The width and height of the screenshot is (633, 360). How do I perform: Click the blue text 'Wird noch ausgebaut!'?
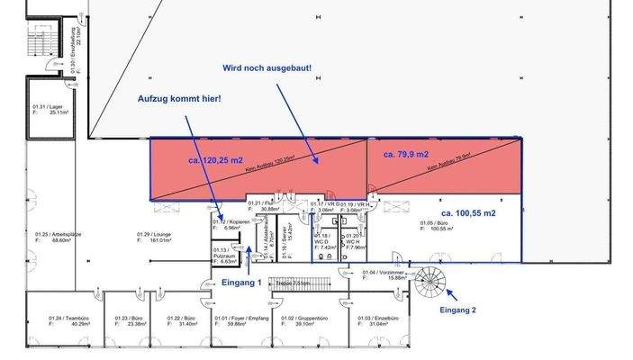tap(267, 67)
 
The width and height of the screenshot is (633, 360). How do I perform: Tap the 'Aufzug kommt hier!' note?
tap(178, 98)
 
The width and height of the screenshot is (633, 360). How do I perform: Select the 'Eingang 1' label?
tap(241, 282)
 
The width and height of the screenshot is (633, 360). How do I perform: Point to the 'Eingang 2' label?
tap(458, 310)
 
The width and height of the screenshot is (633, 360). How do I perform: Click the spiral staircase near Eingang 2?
tap(430, 280)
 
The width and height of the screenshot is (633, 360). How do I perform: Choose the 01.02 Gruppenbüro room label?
tap(303, 320)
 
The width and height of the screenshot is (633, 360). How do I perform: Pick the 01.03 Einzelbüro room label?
tap(378, 320)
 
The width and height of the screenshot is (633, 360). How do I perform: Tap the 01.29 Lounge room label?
tap(154, 238)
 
